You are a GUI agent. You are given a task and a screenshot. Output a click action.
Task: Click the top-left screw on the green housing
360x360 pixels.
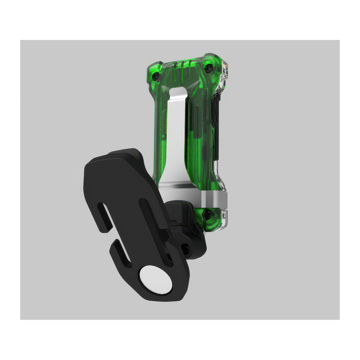(x=156, y=76)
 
